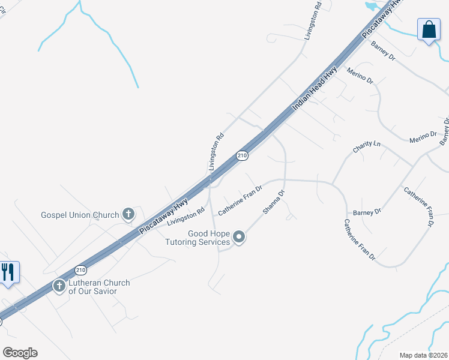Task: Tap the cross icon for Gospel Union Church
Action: tap(128, 214)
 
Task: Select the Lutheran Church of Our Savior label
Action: tap(98, 287)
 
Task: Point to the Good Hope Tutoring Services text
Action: tap(200, 238)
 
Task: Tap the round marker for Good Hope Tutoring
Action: tap(239, 238)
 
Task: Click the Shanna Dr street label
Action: tap(273, 203)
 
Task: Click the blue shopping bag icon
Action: tap(429, 30)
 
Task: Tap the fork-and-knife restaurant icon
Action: tap(8, 272)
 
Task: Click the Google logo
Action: tap(20, 352)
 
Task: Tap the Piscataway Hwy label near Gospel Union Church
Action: tap(163, 216)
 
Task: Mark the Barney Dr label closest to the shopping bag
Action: tap(384, 50)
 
